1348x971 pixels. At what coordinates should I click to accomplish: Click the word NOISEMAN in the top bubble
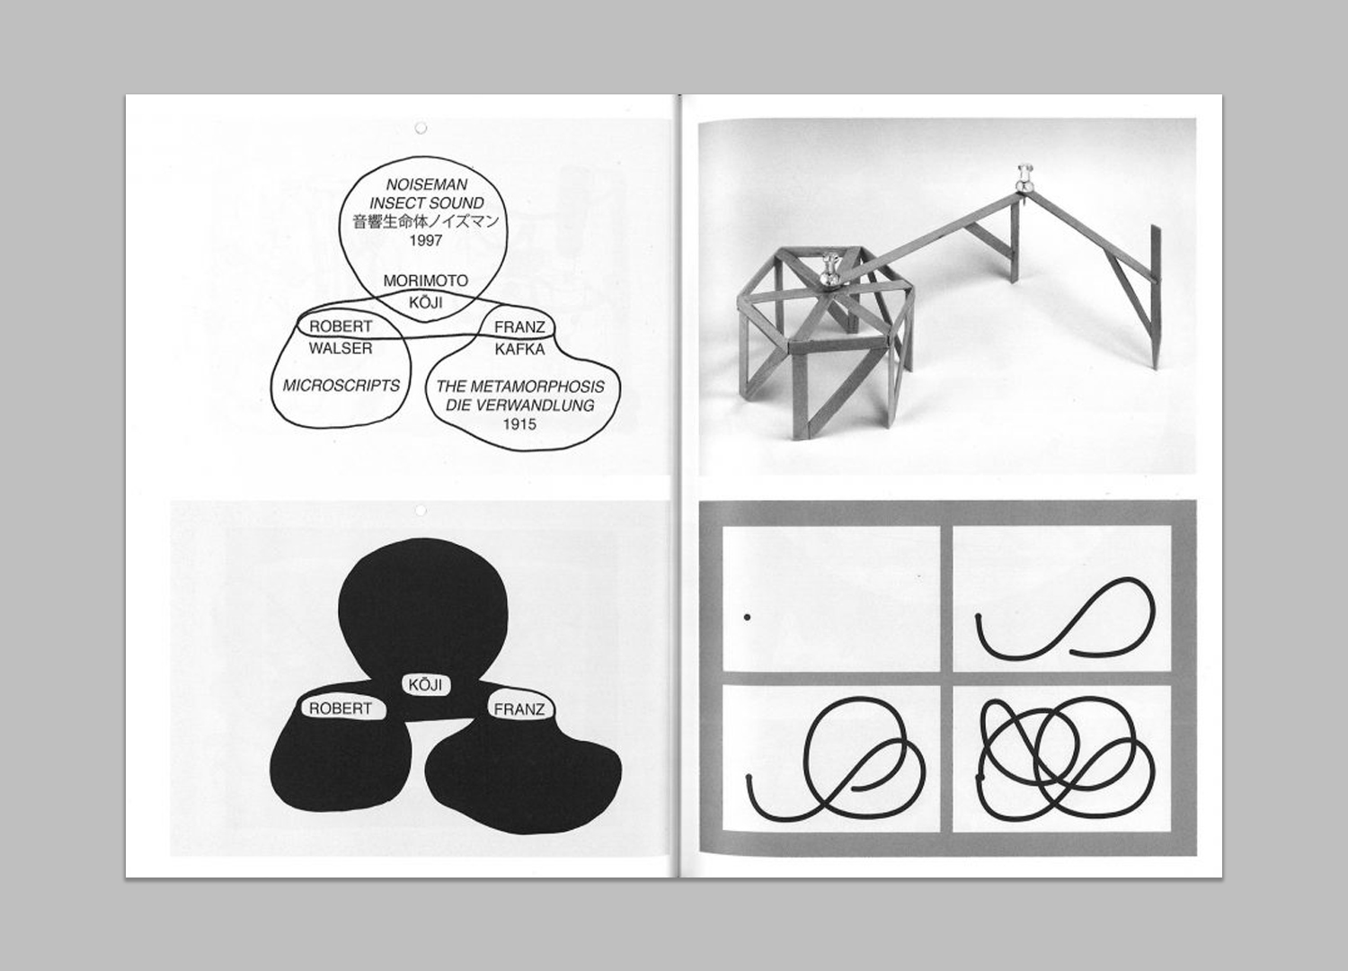click(426, 184)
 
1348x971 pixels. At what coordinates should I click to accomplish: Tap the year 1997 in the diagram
click(426, 241)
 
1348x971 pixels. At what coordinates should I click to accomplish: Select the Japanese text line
click(426, 221)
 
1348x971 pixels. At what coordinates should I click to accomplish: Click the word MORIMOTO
click(425, 281)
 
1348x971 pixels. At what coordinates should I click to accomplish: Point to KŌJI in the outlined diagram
click(425, 301)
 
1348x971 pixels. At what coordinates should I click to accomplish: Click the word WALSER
click(341, 349)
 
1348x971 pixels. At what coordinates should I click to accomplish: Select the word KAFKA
click(520, 349)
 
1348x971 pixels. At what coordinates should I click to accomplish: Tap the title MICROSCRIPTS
click(341, 386)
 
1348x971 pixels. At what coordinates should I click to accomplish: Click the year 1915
click(520, 424)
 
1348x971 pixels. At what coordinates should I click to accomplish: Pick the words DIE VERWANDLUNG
click(520, 405)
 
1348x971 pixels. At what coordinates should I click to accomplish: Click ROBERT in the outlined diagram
click(341, 327)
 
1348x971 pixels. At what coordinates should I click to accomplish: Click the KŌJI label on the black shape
click(425, 685)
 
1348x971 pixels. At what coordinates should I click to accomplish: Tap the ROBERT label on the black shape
click(341, 708)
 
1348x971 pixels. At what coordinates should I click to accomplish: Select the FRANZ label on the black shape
click(519, 709)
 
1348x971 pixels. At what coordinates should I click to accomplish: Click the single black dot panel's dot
click(747, 617)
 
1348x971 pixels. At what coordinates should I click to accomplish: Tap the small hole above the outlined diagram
click(421, 128)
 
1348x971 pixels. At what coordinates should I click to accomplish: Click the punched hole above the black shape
click(421, 511)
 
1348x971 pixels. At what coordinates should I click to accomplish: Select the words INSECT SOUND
click(426, 203)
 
